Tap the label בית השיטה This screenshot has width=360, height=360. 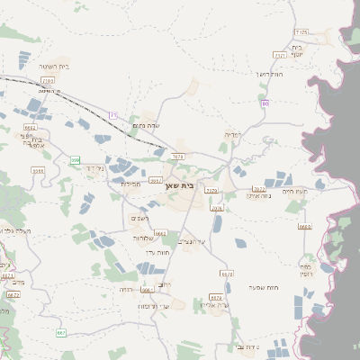click(x=54, y=67)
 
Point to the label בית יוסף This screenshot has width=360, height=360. click(x=296, y=49)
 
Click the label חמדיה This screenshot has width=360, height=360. click(x=230, y=134)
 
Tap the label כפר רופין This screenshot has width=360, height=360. click(x=307, y=270)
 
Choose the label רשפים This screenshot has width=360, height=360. click(x=139, y=218)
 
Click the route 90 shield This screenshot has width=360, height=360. click(x=265, y=104)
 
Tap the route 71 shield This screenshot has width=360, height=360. click(x=113, y=115)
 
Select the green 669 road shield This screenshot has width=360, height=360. click(x=75, y=160)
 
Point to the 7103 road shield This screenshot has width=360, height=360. click(x=48, y=80)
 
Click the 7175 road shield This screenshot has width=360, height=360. click(x=301, y=32)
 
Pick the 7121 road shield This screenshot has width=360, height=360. click(x=279, y=55)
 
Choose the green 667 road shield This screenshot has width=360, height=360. click(x=61, y=333)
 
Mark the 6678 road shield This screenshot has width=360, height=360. click(x=227, y=274)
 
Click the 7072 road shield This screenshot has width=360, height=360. click(x=259, y=189)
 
